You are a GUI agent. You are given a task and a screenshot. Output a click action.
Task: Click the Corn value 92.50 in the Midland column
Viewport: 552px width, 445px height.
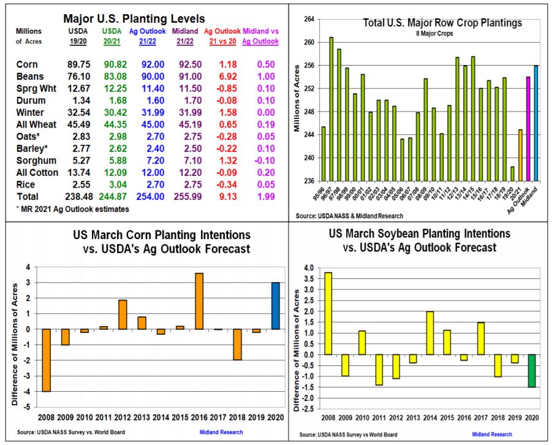[190, 64]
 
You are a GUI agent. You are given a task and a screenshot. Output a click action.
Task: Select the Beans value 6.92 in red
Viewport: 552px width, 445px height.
[228, 77]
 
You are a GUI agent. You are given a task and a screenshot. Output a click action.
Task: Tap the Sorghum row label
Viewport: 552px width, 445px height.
[36, 161]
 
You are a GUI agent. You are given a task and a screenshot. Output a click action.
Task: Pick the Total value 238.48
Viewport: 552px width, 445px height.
[77, 197]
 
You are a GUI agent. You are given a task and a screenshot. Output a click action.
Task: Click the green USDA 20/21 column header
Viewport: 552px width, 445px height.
[112, 36]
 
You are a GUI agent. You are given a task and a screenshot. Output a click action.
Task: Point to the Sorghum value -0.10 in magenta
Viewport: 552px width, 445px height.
[266, 161]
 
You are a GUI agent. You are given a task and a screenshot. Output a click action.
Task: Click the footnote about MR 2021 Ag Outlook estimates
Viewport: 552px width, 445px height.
[72, 209]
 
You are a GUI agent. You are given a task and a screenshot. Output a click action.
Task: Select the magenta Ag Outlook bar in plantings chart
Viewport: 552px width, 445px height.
[528, 129]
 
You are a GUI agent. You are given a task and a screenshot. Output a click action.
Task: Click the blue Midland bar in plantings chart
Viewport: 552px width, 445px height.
[536, 123]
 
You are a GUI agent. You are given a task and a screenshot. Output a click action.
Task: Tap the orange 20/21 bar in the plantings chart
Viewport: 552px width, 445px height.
[520, 155]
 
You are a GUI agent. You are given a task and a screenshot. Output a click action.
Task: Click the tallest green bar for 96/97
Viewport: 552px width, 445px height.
[331, 109]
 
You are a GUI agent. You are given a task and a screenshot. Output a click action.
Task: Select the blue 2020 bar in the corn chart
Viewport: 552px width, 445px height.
[275, 306]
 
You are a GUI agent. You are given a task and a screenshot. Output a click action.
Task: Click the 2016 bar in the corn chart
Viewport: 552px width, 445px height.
[199, 301]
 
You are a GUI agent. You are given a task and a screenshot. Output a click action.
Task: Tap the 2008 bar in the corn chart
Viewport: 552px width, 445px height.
[46, 360]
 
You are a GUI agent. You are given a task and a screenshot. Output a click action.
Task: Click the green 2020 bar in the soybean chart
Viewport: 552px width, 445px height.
[532, 371]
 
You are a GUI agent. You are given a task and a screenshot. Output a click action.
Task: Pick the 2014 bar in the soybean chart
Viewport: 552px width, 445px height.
[430, 333]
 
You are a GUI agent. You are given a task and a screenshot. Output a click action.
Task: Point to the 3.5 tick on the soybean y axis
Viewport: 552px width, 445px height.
[308, 279]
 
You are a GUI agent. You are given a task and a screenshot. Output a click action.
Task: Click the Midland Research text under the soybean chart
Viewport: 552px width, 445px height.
[492, 435]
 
